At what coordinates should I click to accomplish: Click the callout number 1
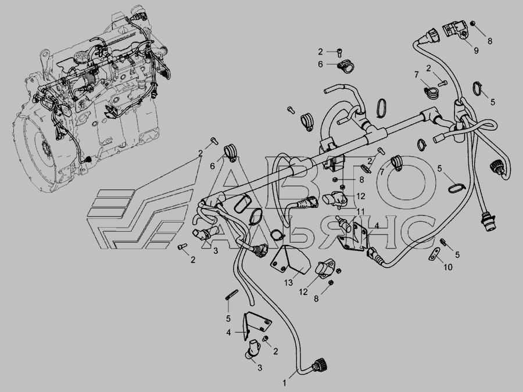pyautogui.click(x=285, y=383)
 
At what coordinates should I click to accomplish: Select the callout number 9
pyautogui.click(x=476, y=51)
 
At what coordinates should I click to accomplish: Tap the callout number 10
pyautogui.click(x=448, y=267)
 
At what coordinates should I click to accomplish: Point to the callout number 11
pyautogui.click(x=360, y=211)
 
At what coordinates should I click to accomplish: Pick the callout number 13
pyautogui.click(x=288, y=283)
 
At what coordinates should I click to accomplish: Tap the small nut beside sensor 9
pyautogui.click(x=472, y=23)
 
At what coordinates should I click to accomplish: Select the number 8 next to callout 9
pyautogui.click(x=490, y=41)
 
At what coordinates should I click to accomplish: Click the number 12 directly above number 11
pyautogui.click(x=360, y=196)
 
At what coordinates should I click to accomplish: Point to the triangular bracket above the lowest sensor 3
pyautogui.click(x=256, y=325)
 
